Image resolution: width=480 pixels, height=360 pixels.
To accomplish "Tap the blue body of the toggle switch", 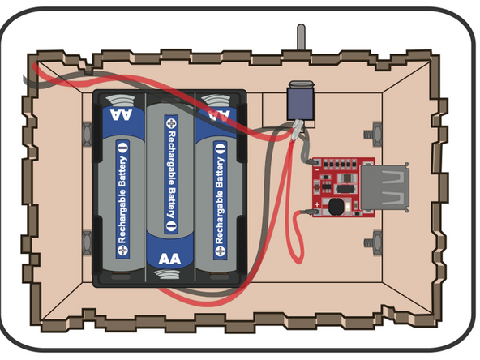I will pos(298,101).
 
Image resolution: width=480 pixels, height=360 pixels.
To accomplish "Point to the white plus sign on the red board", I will pos(320,163).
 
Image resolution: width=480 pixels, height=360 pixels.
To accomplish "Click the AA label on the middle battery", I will pos(169,259).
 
